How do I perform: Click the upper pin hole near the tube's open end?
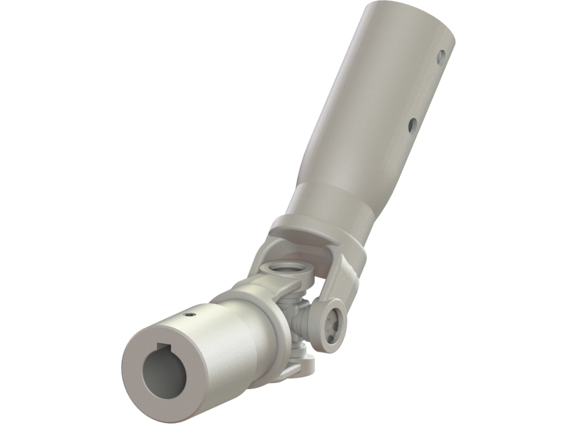441,56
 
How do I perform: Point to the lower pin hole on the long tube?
413,123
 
